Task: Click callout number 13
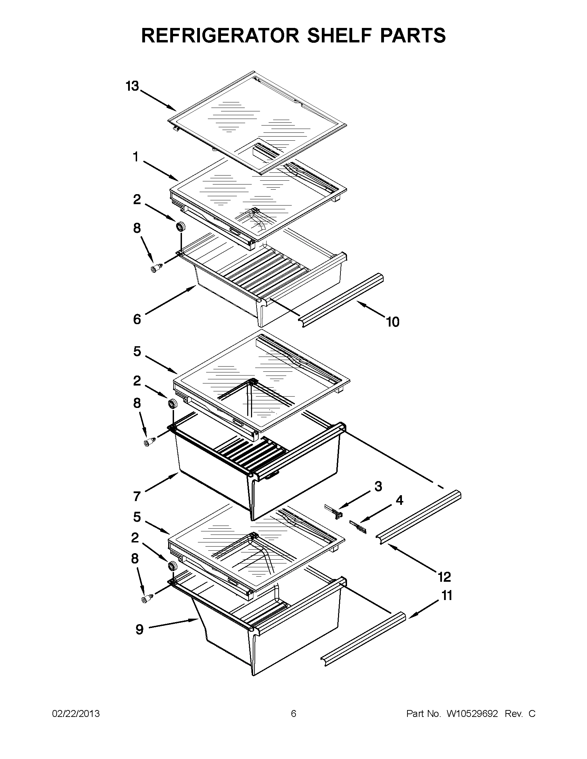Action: pos(132,86)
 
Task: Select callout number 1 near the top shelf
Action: pos(135,158)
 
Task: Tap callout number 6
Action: pos(137,319)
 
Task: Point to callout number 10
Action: pos(393,322)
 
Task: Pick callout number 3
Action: pos(378,486)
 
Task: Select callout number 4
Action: pos(400,500)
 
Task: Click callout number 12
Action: pos(444,577)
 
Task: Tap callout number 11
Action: pos(447,596)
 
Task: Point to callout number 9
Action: pos(139,629)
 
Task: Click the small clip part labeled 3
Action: pos(333,511)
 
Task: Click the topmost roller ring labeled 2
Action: pos(181,227)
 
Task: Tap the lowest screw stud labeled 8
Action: pos(146,599)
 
